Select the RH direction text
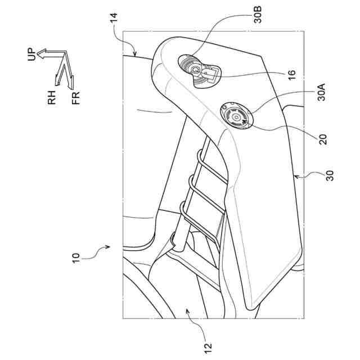pos(53,100)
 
